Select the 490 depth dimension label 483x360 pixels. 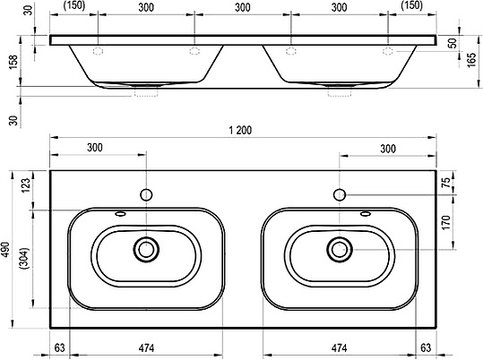(9, 250)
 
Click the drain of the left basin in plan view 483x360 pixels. (144, 249)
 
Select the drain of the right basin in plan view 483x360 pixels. (340, 249)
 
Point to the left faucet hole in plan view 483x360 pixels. (144, 193)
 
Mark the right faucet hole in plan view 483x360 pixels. (340, 193)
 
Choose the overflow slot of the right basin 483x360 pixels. (365, 214)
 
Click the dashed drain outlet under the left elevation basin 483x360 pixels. (146, 92)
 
